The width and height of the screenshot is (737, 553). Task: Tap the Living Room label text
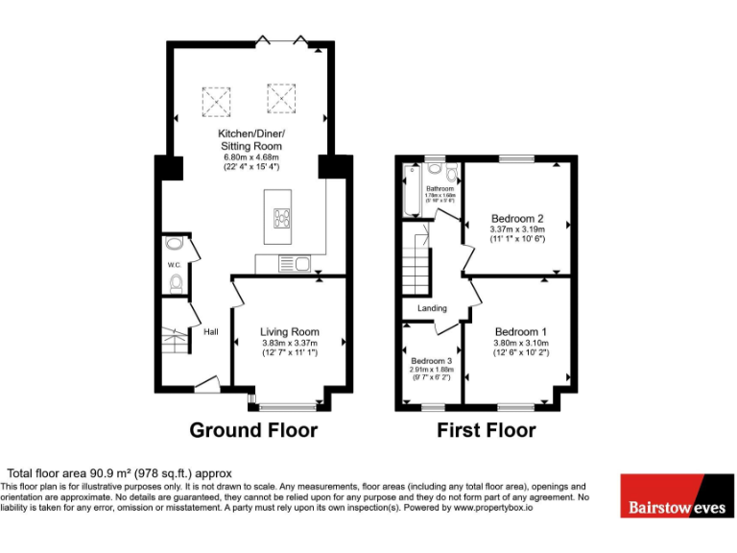coord(289,332)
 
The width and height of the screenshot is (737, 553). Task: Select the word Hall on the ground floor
coord(210,332)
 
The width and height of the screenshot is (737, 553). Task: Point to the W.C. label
coord(175,264)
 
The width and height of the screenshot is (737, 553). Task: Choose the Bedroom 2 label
coord(517,218)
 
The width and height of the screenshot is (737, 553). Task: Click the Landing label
coord(432,308)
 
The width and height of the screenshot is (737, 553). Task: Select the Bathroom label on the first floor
coord(440,188)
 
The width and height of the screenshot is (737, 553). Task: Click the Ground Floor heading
coord(253,430)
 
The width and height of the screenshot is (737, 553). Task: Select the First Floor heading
coord(487,430)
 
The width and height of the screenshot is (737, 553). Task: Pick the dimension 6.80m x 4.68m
coord(251,157)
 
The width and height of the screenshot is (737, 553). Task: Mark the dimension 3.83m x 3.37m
coord(289,343)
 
